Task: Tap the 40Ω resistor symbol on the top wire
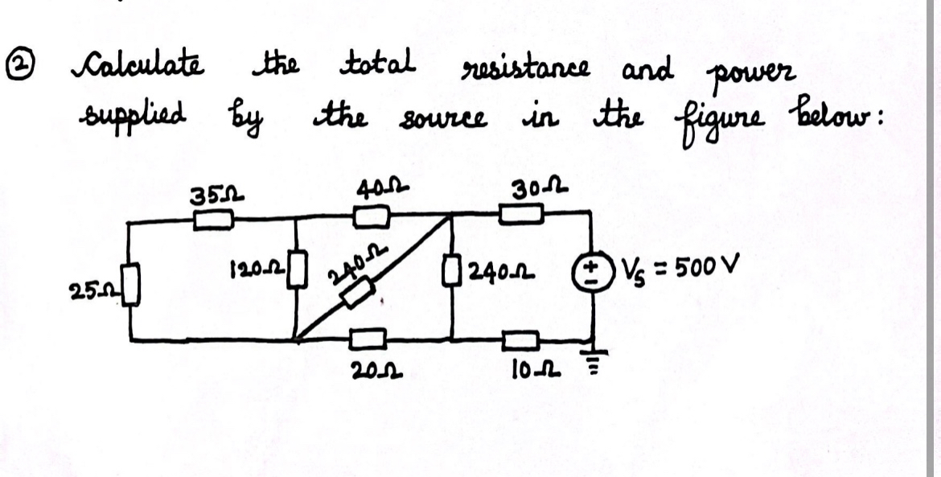pos(372,216)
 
